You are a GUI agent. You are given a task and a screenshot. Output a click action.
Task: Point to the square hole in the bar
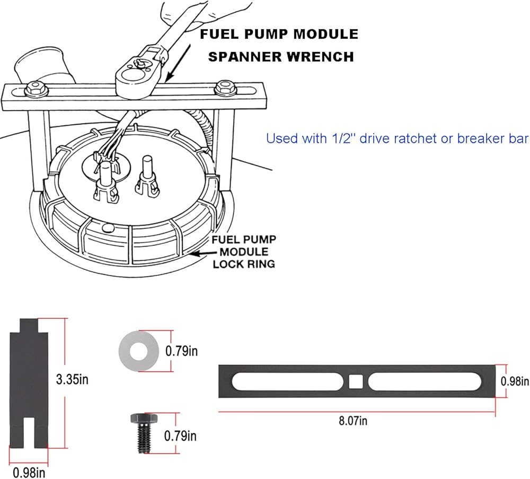pos(356,381)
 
